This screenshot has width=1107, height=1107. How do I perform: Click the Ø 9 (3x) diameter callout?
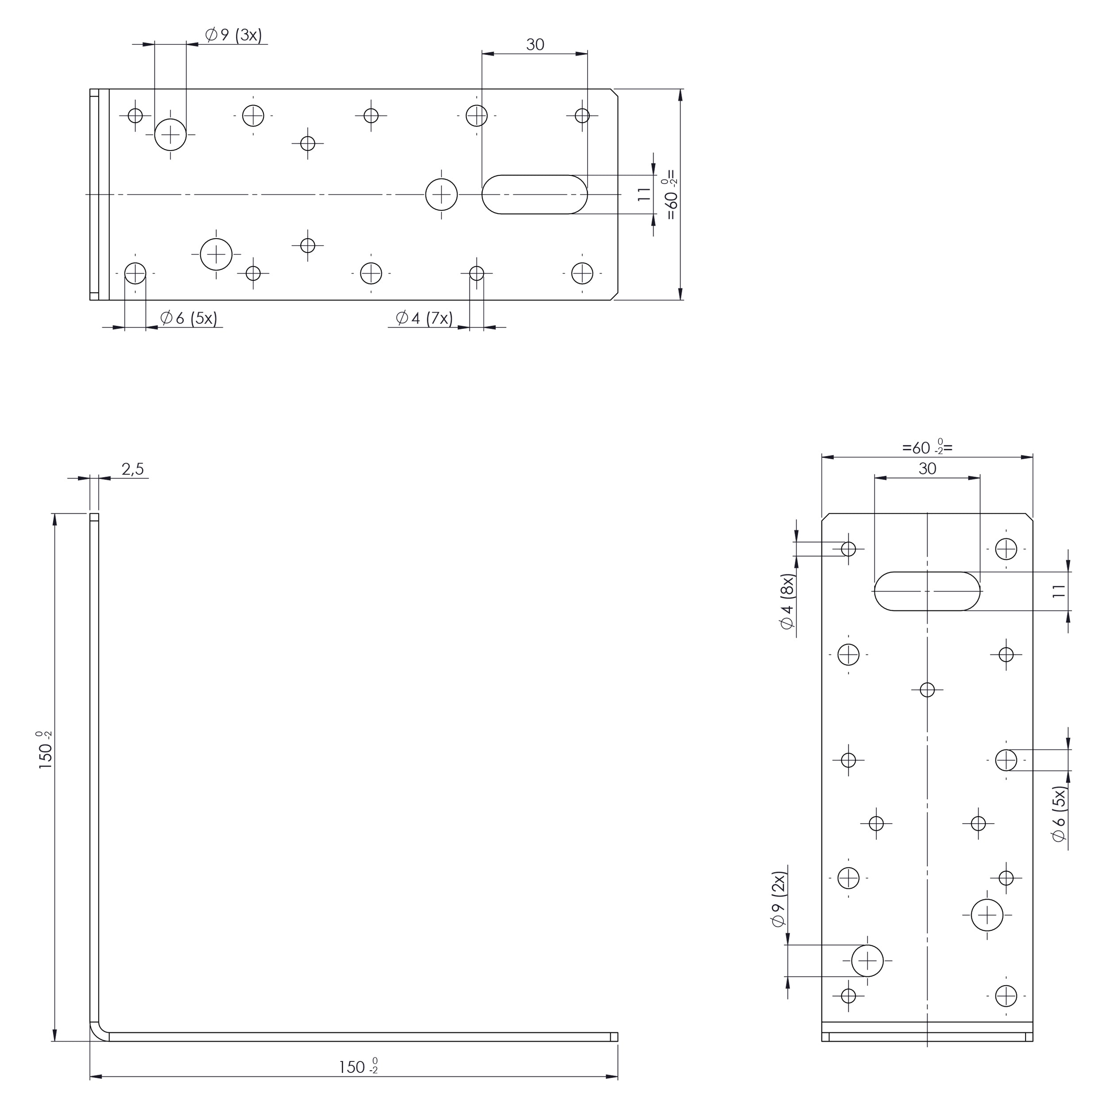point(233,35)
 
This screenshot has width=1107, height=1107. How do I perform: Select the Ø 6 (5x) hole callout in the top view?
point(189,318)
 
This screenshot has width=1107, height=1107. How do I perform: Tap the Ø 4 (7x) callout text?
point(424,318)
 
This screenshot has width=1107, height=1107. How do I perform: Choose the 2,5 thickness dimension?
point(132,469)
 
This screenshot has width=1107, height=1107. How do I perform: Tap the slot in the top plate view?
point(534,195)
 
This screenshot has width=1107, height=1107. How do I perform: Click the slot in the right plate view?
point(927,591)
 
